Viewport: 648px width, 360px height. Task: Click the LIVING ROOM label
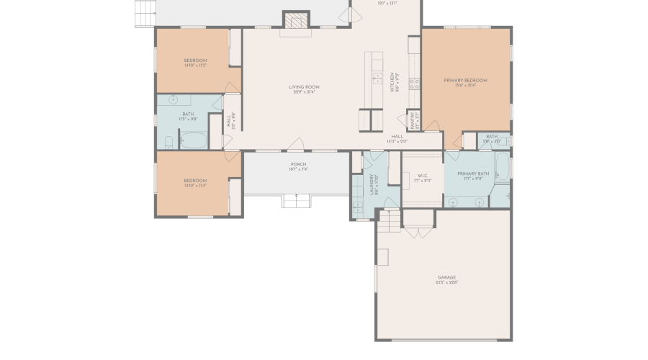pos(304,86)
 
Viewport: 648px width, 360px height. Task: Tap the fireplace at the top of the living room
pos(294,22)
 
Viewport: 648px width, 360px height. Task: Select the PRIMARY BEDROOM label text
pos(465,80)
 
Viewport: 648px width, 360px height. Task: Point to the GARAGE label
pos(446,277)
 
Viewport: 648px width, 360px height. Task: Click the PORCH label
pos(298,164)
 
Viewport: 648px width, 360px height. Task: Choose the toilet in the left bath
pos(173,100)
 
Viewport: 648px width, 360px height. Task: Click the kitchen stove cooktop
pos(415,84)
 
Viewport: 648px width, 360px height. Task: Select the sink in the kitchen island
pos(376,75)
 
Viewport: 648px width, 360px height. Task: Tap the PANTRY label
pos(413,119)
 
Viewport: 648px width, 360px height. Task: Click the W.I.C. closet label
pos(422,175)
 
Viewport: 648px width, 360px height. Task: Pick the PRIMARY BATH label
pos(473,174)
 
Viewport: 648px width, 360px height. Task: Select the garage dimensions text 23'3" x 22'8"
pos(446,283)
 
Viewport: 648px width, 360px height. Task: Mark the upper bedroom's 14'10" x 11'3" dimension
pos(195,66)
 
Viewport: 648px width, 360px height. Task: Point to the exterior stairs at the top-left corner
pos(144,12)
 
